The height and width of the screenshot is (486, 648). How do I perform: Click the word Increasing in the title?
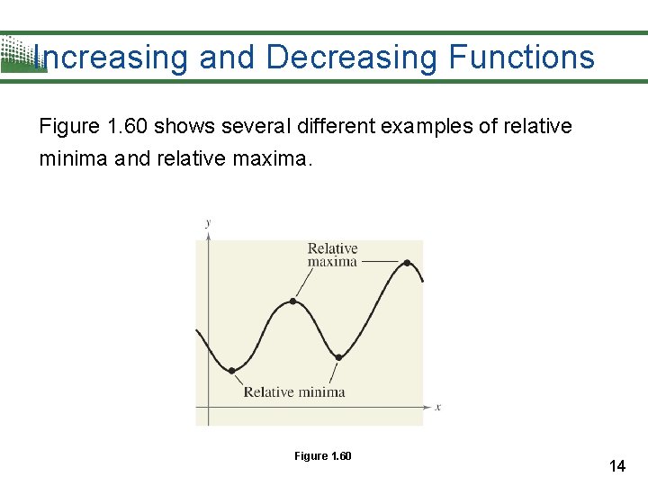tap(110, 58)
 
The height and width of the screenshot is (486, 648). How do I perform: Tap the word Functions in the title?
tap(521, 58)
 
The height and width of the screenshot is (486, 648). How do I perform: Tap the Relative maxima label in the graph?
tap(332, 255)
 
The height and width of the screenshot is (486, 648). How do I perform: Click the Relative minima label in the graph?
tap(293, 391)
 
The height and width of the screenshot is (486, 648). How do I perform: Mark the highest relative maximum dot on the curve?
tap(407, 263)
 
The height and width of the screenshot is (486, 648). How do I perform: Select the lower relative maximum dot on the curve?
tap(292, 301)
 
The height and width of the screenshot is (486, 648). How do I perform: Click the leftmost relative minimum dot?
tap(232, 370)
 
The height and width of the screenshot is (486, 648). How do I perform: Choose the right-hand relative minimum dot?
tap(338, 357)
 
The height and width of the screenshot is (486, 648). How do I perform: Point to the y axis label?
tap(208, 221)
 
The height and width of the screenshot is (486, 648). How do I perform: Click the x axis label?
tap(437, 407)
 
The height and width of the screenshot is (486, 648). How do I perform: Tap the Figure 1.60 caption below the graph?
tap(322, 456)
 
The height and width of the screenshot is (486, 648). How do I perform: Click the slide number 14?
tap(616, 465)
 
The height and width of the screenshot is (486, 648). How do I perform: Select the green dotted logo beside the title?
tap(18, 54)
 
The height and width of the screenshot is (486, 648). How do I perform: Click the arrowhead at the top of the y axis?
tap(208, 235)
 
